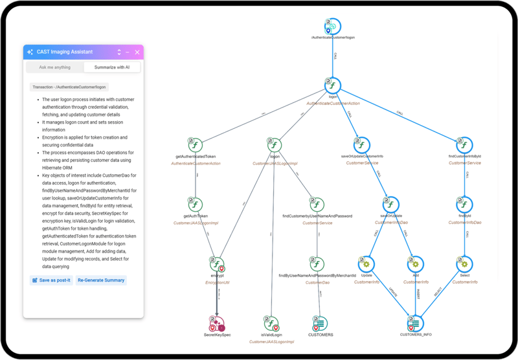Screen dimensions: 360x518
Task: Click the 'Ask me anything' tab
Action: pyautogui.click(x=54, y=67)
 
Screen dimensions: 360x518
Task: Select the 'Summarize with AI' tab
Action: pyautogui.click(x=111, y=67)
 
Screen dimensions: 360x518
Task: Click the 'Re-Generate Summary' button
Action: pyautogui.click(x=101, y=280)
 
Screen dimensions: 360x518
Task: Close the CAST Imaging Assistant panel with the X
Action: pyautogui.click(x=137, y=52)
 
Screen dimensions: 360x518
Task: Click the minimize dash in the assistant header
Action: pyautogui.click(x=128, y=52)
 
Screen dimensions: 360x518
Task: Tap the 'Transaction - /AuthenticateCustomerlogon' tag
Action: pyautogui.click(x=70, y=87)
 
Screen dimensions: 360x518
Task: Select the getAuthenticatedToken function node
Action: pyautogui.click(x=196, y=145)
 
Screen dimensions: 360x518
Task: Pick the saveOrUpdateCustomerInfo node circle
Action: pyautogui.click(x=361, y=145)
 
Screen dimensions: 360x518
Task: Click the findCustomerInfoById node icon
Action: pyautogui.click(x=463, y=145)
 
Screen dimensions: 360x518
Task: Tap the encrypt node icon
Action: pyautogui.click(x=216, y=264)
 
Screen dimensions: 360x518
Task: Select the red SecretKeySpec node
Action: pyautogui.click(x=216, y=322)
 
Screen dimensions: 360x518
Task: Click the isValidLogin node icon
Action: pyautogui.click(x=273, y=322)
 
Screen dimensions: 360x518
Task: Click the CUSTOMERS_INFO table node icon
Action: pyautogui.click(x=415, y=322)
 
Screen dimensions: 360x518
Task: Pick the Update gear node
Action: pyautogui.click(x=366, y=264)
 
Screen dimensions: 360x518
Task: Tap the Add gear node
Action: pyautogui.click(x=415, y=264)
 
